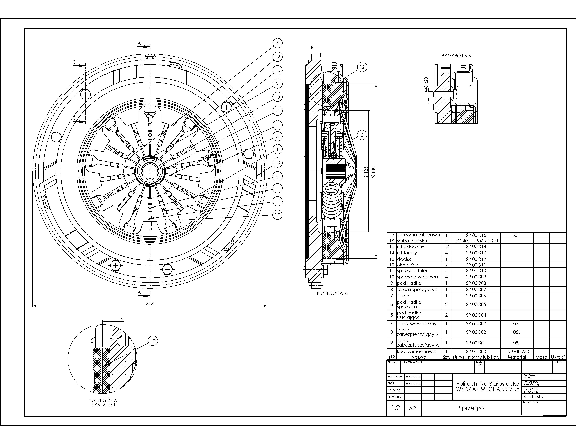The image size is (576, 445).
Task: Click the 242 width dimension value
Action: (149, 303)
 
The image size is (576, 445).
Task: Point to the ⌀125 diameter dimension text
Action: (366, 172)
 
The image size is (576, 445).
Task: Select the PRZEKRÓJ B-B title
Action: (456, 56)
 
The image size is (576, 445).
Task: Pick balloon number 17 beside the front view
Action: (277, 215)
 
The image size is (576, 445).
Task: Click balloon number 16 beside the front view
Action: (277, 70)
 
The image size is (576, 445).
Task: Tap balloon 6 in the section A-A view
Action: (362, 135)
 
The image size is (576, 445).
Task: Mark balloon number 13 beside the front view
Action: (277, 163)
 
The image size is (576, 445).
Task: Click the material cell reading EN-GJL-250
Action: (517, 351)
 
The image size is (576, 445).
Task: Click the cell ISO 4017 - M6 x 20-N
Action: (476, 241)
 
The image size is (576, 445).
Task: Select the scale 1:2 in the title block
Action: (395, 408)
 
